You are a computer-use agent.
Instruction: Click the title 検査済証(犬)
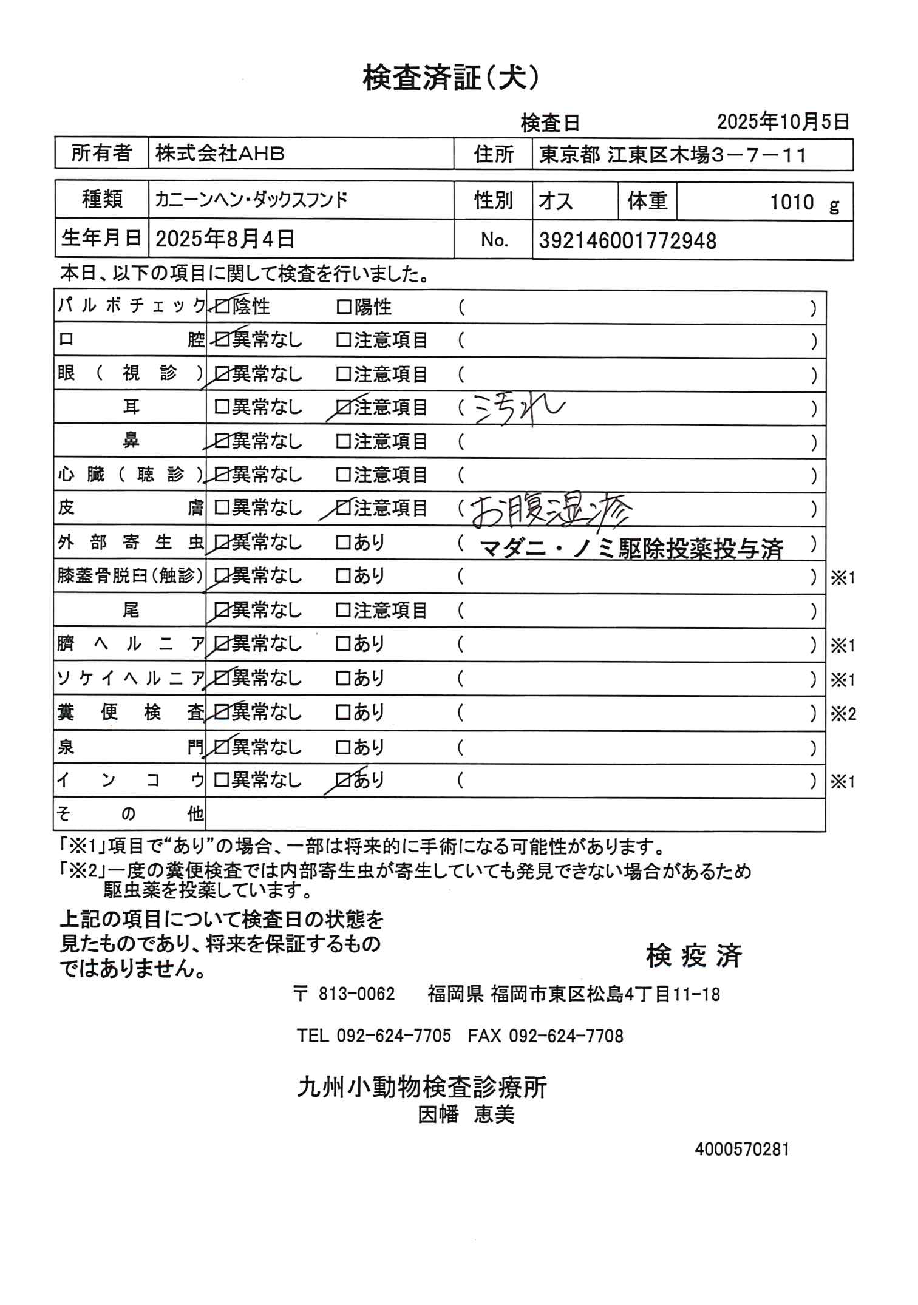click(x=450, y=79)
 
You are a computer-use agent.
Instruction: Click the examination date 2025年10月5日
click(x=783, y=122)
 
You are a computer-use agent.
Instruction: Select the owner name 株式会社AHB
click(x=220, y=154)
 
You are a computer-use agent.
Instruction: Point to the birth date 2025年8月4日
click(x=225, y=239)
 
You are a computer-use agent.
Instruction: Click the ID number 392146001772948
click(x=627, y=241)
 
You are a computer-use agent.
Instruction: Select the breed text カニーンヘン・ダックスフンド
click(x=251, y=200)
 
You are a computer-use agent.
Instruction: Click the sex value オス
click(x=556, y=201)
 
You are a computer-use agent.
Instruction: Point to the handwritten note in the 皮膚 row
click(x=551, y=509)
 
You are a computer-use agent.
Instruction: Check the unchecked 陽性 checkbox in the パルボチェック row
click(x=344, y=308)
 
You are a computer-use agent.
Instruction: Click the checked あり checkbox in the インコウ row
click(x=344, y=780)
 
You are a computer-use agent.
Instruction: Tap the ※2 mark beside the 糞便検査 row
click(x=843, y=714)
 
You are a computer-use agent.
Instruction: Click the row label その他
click(x=130, y=814)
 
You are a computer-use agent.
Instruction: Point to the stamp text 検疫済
click(x=694, y=956)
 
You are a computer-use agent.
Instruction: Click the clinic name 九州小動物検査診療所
click(x=422, y=1087)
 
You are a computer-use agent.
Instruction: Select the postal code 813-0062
click(x=356, y=994)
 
